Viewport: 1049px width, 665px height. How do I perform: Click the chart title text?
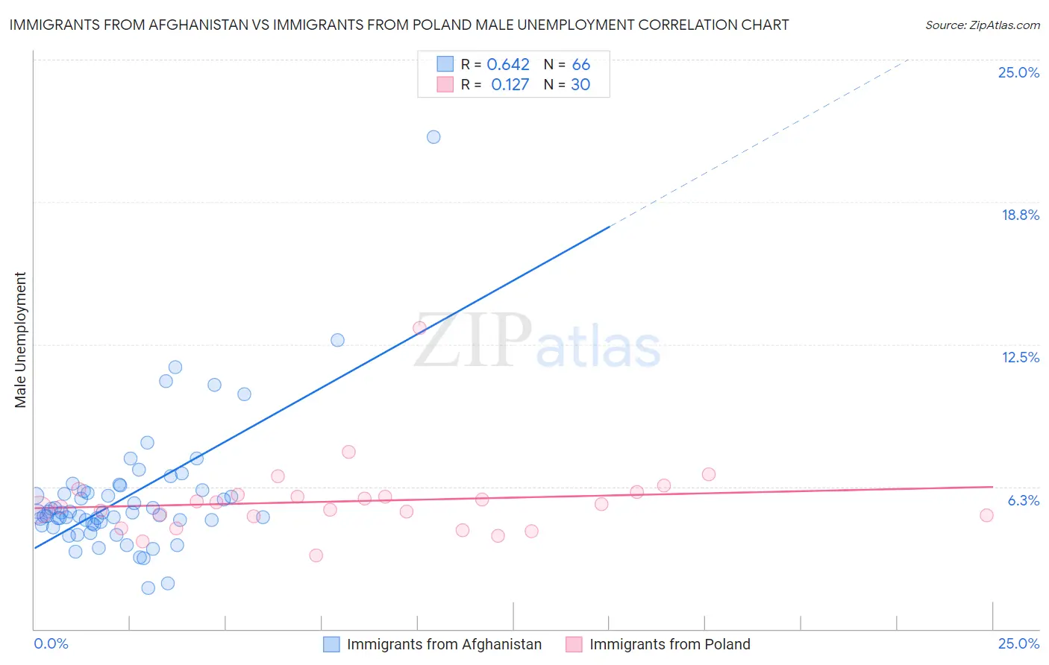point(399,25)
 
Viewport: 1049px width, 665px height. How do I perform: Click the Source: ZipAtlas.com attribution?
point(982,25)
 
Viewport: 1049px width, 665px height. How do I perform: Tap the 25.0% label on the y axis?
point(1018,72)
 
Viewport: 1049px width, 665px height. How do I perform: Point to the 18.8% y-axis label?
point(1020,215)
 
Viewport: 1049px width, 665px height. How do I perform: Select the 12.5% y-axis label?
point(1020,357)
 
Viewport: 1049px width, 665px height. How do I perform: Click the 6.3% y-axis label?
point(1023,500)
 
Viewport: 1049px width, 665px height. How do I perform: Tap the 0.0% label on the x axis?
point(51,643)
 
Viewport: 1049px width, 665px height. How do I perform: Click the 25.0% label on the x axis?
point(1018,643)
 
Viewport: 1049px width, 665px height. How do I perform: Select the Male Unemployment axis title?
point(20,340)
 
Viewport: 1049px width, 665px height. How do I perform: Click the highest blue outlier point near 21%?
point(433,137)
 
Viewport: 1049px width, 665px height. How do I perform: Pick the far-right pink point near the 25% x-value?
point(986,515)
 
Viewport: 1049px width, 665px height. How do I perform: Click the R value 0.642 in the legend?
point(508,65)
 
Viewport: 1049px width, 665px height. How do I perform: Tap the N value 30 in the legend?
point(580,85)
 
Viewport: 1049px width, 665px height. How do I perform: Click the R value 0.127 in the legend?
point(510,85)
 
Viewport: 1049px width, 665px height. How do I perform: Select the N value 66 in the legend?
point(580,65)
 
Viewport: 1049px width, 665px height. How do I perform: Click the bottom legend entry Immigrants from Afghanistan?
point(444,644)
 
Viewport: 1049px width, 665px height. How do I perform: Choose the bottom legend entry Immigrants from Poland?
point(669,644)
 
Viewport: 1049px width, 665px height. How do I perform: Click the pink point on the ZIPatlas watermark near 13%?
point(419,328)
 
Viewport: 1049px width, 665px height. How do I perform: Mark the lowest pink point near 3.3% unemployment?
point(316,555)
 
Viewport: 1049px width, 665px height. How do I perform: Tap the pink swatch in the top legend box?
point(445,84)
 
